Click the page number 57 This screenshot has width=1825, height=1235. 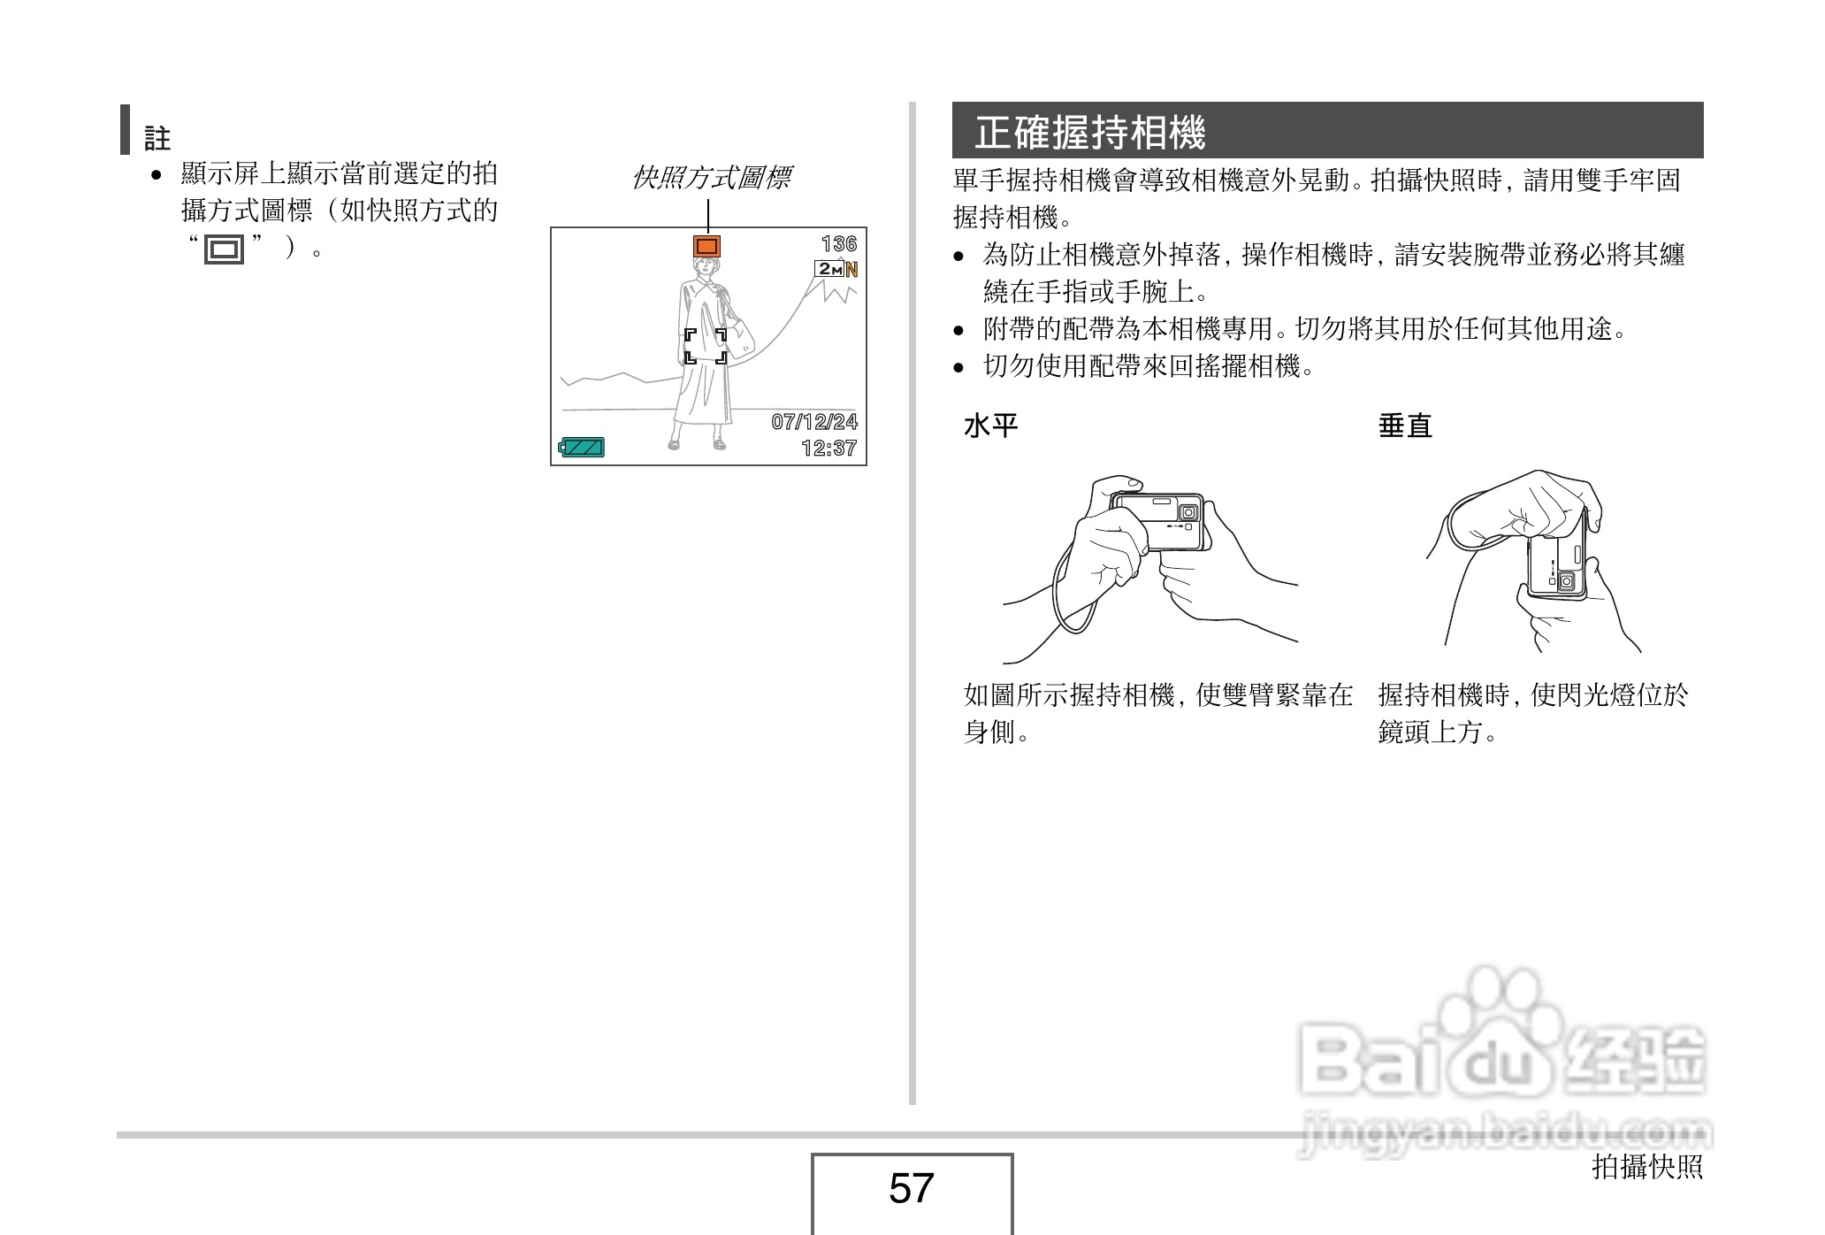coord(911,1188)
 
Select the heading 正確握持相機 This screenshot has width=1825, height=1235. coord(1089,133)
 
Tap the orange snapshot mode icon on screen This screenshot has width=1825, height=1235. coord(706,245)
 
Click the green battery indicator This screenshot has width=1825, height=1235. coord(582,447)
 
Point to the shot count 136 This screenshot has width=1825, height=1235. coord(838,243)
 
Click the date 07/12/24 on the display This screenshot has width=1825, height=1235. coord(813,421)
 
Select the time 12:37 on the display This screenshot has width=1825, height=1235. coord(829,448)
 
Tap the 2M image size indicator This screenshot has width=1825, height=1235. coord(829,269)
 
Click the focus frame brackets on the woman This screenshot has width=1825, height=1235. coord(706,346)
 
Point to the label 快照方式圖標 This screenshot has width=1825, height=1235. coord(711,178)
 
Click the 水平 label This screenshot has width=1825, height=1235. coord(990,426)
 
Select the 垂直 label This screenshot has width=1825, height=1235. coord(1404,426)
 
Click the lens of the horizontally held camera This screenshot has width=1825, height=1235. coord(1189,512)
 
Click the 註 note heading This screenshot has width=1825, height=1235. coord(157,137)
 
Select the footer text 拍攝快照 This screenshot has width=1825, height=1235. coord(1646,1166)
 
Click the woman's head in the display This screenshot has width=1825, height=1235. coord(706,269)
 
